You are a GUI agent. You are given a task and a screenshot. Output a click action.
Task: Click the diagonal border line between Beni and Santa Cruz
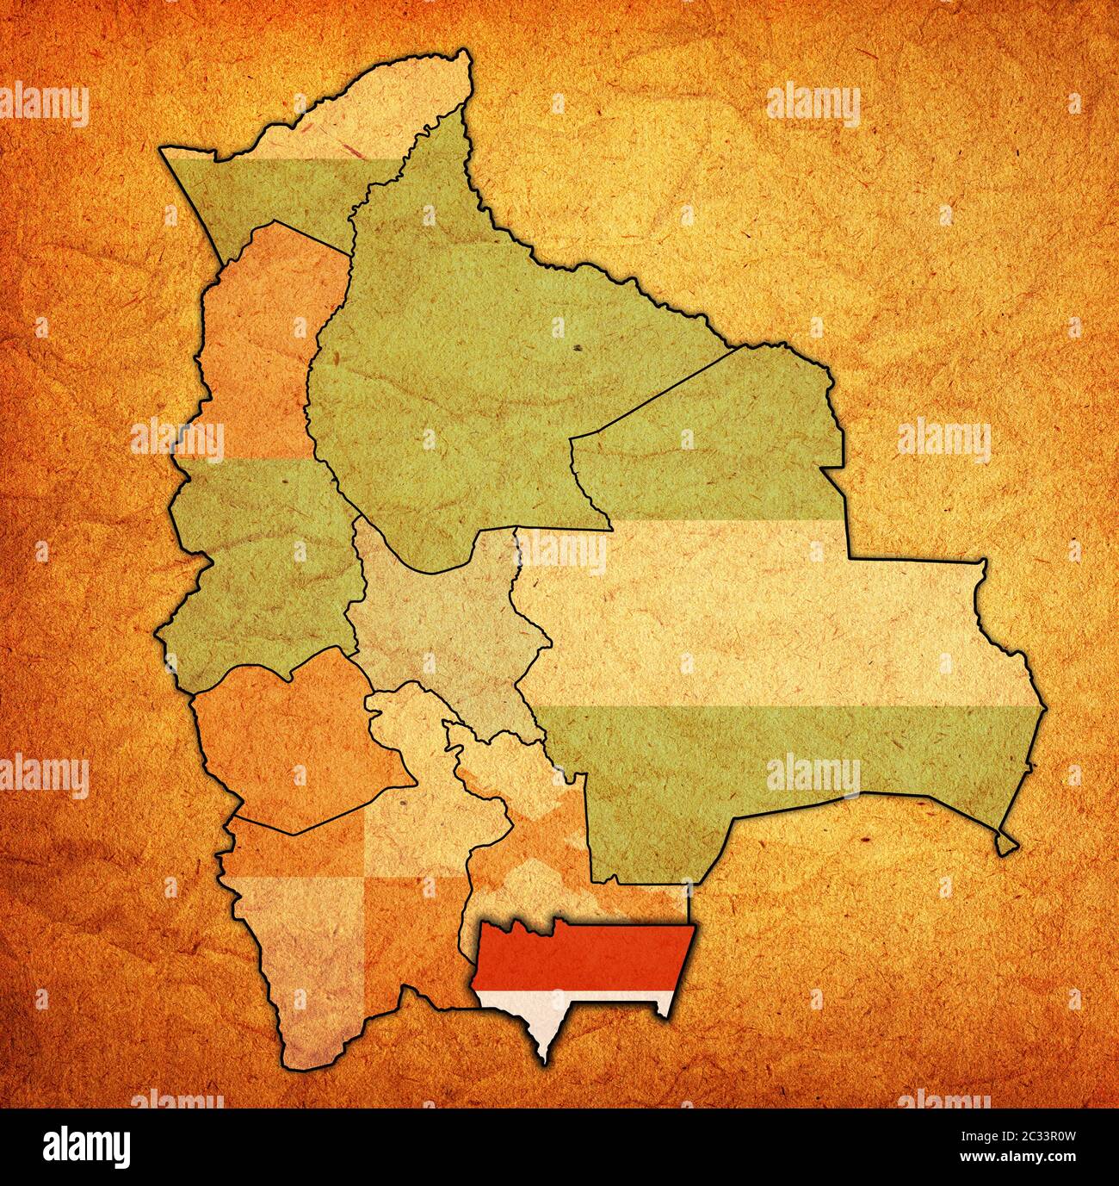point(654,396)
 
